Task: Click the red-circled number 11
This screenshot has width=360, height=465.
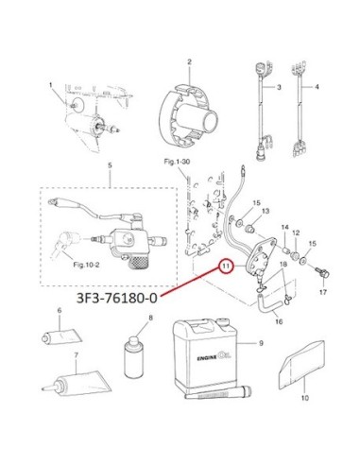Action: tap(226, 267)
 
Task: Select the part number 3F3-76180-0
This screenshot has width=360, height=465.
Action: tap(116, 299)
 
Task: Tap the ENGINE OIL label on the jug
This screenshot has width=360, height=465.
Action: tap(214, 357)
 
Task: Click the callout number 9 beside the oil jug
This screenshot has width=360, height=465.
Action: tap(261, 343)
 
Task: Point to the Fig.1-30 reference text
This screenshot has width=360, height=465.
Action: tap(177, 162)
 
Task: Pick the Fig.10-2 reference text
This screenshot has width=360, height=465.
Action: tap(86, 265)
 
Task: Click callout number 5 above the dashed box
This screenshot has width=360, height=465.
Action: tap(110, 165)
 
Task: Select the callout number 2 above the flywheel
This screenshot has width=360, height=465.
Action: tap(189, 61)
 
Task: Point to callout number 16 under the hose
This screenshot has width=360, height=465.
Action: tap(279, 321)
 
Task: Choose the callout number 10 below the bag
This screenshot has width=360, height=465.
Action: tap(305, 398)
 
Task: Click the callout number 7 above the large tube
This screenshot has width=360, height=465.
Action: tap(76, 355)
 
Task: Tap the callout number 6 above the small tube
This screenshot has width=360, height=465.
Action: tap(60, 311)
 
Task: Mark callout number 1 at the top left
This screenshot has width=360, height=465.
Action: tap(50, 85)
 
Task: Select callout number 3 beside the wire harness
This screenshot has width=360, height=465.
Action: tap(279, 87)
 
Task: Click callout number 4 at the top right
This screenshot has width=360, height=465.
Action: tap(317, 87)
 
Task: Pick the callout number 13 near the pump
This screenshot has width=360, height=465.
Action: tap(266, 211)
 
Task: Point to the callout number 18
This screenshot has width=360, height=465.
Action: tap(283, 264)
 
